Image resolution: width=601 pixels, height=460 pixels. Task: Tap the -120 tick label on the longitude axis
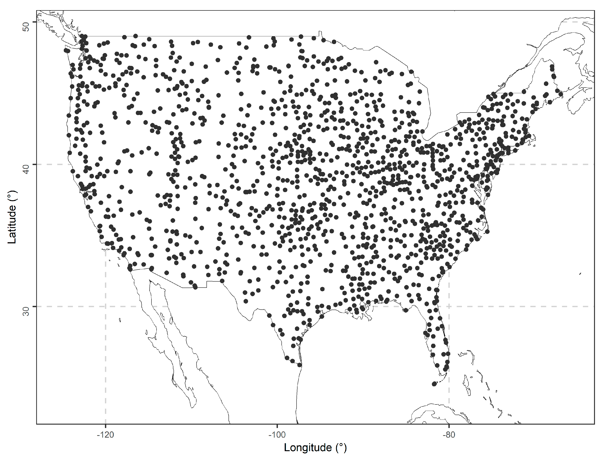coord(105,435)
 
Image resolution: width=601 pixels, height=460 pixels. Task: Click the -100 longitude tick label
coord(277,435)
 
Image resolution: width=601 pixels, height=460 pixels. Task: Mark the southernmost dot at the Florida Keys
coord(434,384)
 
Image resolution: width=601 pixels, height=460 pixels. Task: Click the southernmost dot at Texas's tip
coord(299,365)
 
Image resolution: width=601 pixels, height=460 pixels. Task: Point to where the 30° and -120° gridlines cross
coord(106,306)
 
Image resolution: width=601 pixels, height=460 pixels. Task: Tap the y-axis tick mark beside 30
coord(35,306)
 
